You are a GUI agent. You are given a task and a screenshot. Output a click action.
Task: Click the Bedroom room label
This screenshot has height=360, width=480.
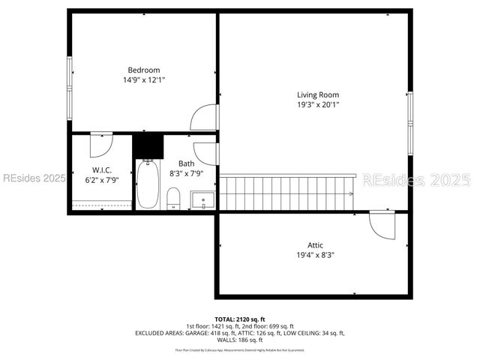[x=143, y=70]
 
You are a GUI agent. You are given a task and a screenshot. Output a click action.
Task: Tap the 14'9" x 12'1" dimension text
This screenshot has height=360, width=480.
[x=143, y=79]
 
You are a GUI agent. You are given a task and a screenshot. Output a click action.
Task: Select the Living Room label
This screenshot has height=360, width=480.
[x=318, y=95]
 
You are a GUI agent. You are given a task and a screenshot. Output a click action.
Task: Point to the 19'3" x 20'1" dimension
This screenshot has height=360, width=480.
[x=318, y=105]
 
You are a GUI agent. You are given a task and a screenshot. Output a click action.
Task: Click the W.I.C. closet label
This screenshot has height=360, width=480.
[x=102, y=170]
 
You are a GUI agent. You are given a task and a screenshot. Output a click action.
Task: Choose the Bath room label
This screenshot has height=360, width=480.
[x=187, y=163]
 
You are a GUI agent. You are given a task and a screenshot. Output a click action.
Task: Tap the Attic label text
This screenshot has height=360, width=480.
[x=315, y=245]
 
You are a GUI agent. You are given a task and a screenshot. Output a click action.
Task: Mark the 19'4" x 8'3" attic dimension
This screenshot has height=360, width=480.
[x=315, y=255]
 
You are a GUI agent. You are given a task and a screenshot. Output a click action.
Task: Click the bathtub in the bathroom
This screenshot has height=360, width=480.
[x=148, y=186]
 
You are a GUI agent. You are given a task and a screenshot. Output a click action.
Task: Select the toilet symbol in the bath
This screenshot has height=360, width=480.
[x=173, y=199]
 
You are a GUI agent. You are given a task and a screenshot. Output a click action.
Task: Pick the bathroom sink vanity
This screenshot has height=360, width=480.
[x=202, y=200]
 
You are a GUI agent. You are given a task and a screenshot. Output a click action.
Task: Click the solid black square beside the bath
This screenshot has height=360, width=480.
[x=148, y=145]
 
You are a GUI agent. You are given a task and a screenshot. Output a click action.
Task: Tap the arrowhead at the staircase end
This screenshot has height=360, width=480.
[x=350, y=194]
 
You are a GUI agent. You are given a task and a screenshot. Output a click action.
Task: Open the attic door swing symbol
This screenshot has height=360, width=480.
[x=383, y=224]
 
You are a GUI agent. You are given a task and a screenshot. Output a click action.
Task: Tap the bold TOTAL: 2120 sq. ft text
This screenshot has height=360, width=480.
[x=239, y=319]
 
